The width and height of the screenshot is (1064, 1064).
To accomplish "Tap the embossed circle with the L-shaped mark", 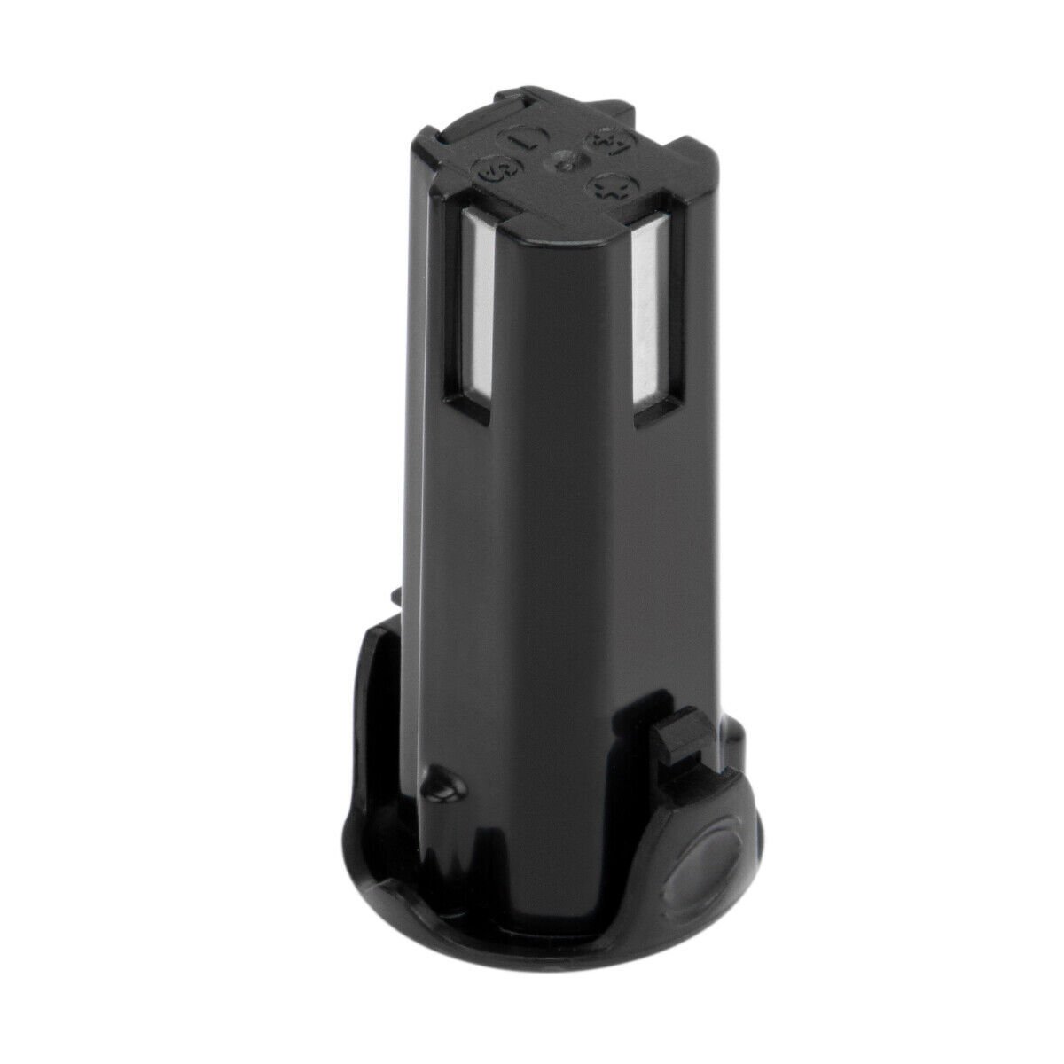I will pyautogui.click(x=515, y=141).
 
